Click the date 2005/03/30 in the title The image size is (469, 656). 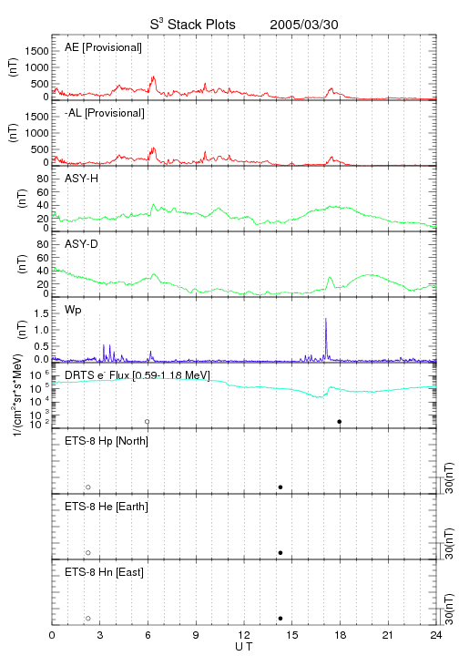tap(304, 25)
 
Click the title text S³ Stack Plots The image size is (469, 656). tap(193, 25)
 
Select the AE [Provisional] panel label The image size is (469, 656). tap(103, 47)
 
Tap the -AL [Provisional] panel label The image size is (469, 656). tap(105, 113)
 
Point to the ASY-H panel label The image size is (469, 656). tap(82, 179)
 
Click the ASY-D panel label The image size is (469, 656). tap(82, 244)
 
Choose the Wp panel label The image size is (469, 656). tap(73, 310)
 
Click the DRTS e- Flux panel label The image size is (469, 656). tap(138, 375)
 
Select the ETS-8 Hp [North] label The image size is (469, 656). tap(107, 441)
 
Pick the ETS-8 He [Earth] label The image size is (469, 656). tap(107, 507)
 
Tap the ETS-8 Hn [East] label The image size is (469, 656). tap(104, 572)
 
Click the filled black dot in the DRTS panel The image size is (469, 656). tap(340, 422)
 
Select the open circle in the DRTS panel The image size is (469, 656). tap(148, 422)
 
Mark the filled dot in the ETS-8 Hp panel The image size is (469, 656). tap(280, 487)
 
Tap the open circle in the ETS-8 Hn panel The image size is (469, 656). tap(88, 619)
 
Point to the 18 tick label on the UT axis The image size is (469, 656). tap(341, 635)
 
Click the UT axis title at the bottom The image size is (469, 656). tap(244, 647)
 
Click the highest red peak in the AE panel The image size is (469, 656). tap(153, 77)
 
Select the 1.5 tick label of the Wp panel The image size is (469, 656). tap(41, 313)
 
